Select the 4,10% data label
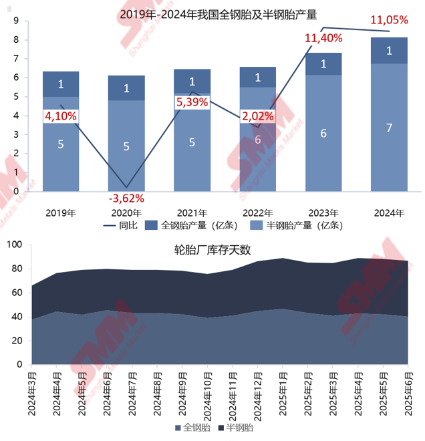tap(61, 116)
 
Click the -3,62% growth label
tap(126, 198)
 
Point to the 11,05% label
tap(389, 20)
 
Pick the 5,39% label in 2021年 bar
tap(192, 102)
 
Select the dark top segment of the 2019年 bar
tap(61, 84)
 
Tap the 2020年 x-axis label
tap(126, 213)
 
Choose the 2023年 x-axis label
tap(323, 213)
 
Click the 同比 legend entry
tap(121, 225)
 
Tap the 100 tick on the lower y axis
tap(15, 245)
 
